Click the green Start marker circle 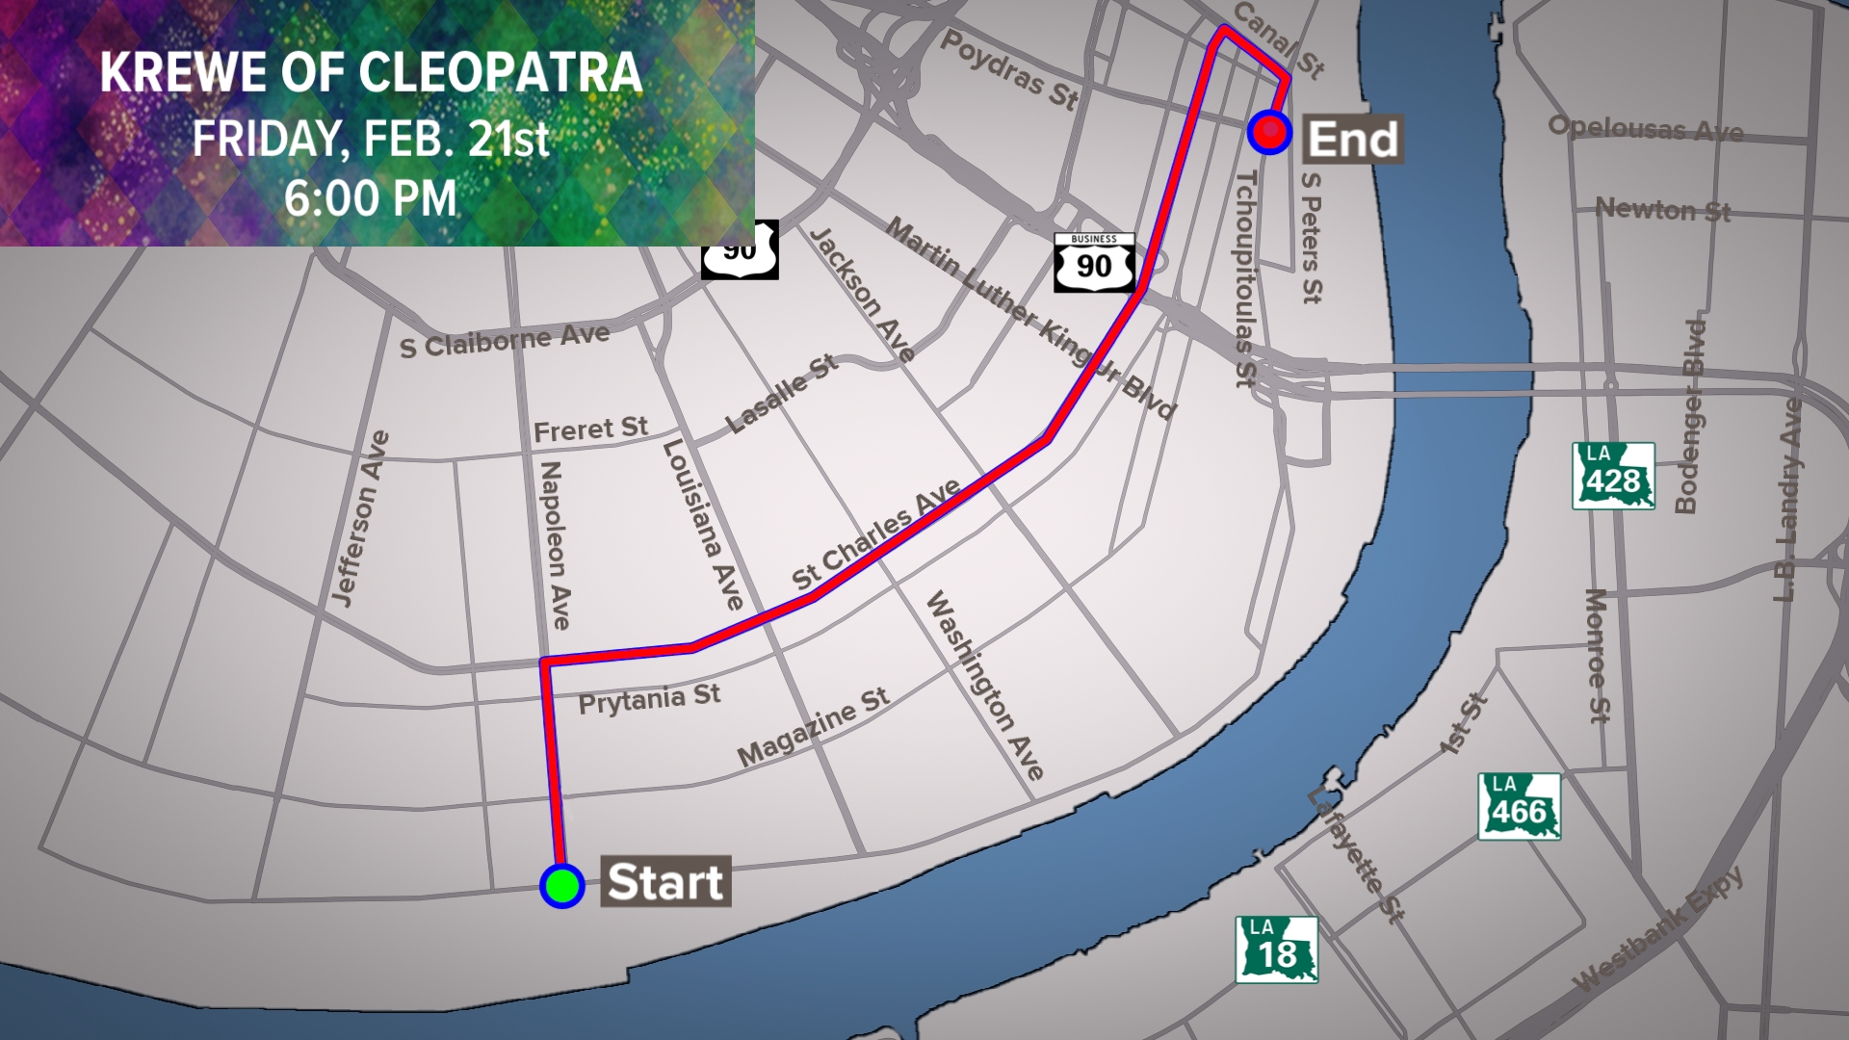tap(562, 885)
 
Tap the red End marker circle tap(1269, 132)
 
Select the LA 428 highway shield tap(1613, 476)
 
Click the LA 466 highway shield tap(1519, 807)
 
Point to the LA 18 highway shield tap(1276, 949)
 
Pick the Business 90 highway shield tap(1094, 262)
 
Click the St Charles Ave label tap(875, 534)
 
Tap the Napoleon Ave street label tap(555, 545)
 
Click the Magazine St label tap(813, 727)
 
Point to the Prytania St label tap(649, 699)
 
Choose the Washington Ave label tap(984, 685)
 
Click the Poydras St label tap(1009, 69)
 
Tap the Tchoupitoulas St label tap(1246, 279)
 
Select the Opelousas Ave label tap(1646, 128)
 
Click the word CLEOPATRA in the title tap(501, 73)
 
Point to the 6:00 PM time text tap(371, 199)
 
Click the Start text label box tap(665, 881)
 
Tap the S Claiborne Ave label tap(505, 342)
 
